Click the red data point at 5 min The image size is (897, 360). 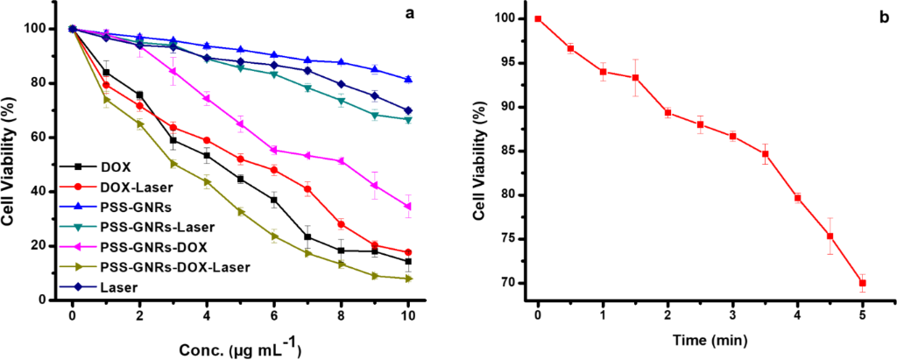pyautogui.click(x=862, y=283)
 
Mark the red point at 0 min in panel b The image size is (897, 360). pyautogui.click(x=538, y=18)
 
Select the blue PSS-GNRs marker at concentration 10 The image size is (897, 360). pyautogui.click(x=409, y=80)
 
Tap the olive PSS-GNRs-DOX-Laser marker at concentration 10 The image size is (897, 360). pyautogui.click(x=409, y=279)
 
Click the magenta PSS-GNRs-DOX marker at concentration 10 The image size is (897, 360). pyautogui.click(x=409, y=207)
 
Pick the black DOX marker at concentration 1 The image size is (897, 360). pyautogui.click(x=106, y=73)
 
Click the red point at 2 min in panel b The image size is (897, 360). pyautogui.click(x=667, y=112)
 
